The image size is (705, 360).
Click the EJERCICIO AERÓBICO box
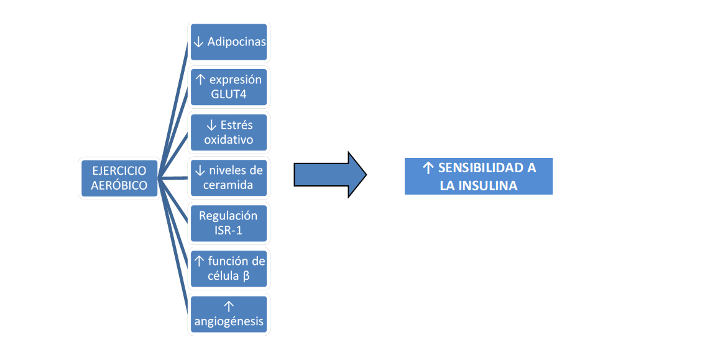point(119,178)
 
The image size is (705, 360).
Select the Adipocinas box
point(229,42)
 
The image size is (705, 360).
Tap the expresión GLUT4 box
point(229,87)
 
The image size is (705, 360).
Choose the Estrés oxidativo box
point(229,132)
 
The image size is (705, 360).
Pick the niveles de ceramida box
point(229,178)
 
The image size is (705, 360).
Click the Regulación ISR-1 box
point(229,223)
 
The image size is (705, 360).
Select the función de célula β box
point(229,269)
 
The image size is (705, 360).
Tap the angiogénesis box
point(229,314)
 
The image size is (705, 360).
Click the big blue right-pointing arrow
point(330,175)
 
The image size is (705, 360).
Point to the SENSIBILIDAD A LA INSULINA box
point(479,177)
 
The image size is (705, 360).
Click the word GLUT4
point(228,95)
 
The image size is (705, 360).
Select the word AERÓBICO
point(119,185)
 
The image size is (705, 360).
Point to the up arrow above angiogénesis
point(228,306)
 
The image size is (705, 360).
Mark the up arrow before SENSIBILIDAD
point(428,168)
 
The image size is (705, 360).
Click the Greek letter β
point(246,276)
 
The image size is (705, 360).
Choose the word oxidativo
point(228,140)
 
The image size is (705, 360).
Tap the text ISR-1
point(228,231)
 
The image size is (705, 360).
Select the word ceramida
point(228,185)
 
